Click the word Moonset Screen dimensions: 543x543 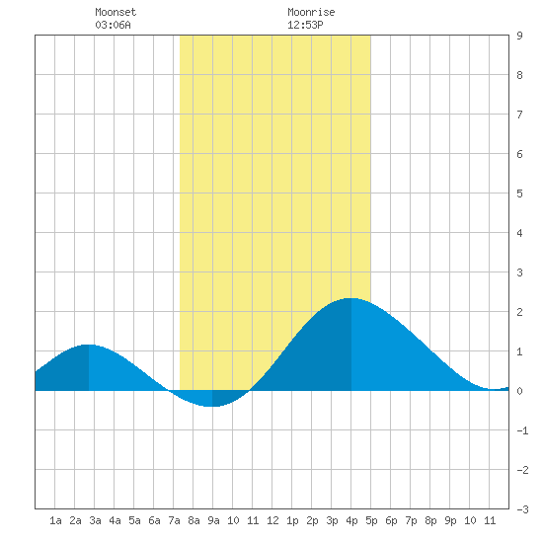point(116,12)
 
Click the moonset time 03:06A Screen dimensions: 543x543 point(113,25)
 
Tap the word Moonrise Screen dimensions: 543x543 point(311,12)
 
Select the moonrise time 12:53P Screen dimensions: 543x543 point(305,25)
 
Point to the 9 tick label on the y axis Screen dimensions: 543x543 point(519,36)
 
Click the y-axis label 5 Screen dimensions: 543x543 point(519,194)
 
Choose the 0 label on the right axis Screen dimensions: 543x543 point(519,391)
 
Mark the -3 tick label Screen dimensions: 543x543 point(522,509)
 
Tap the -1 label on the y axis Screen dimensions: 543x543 point(522,430)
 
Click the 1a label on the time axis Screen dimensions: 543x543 point(55,520)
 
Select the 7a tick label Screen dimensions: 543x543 point(174,520)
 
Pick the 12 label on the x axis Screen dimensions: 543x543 point(272,520)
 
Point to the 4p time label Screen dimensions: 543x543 point(351,520)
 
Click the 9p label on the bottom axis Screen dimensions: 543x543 point(450,520)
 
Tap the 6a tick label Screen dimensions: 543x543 point(154,520)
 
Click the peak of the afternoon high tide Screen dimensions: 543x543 point(351,298)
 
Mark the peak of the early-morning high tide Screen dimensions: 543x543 point(89,345)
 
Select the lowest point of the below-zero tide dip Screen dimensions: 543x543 point(212,406)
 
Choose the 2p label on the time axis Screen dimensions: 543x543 point(312,520)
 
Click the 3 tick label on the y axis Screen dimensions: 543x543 point(519,272)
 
